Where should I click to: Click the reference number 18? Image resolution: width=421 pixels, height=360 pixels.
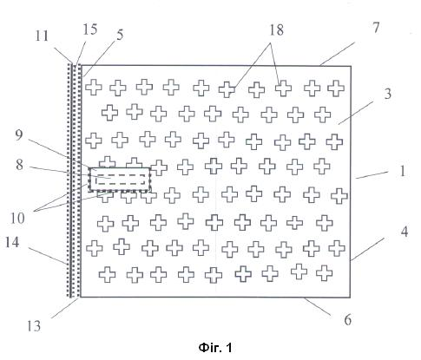pos(277,30)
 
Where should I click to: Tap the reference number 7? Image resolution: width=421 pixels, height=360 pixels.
pos(376,28)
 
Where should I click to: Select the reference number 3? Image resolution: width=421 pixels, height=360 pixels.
pos(387,94)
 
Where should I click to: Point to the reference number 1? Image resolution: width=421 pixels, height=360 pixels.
pos(403,171)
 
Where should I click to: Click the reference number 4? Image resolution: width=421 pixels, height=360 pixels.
pos(404,232)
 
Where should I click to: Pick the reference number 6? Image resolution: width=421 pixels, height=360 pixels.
pos(348,319)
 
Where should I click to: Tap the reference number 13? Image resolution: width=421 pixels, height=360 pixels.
pos(34,326)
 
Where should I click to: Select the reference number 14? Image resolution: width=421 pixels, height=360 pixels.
pos(12,242)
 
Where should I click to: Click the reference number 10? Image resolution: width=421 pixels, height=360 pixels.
pos(17,219)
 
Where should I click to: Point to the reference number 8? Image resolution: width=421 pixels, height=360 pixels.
pos(19,165)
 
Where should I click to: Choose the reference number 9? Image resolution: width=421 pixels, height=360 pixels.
pos(18,134)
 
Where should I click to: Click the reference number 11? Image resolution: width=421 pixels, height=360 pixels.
pos(42,36)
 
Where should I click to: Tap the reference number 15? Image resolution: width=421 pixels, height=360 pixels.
pos(89,29)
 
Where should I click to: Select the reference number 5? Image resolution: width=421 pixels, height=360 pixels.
pos(120,35)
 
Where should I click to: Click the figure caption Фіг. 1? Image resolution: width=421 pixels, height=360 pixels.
pos(215,348)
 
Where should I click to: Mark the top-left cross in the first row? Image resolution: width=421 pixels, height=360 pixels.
pos(94,87)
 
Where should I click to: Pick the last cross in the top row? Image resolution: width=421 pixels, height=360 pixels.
pos(336,88)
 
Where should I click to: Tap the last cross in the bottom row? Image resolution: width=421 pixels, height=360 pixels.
pos(324,272)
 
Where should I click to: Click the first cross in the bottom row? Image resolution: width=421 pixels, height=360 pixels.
pos(107,274)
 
